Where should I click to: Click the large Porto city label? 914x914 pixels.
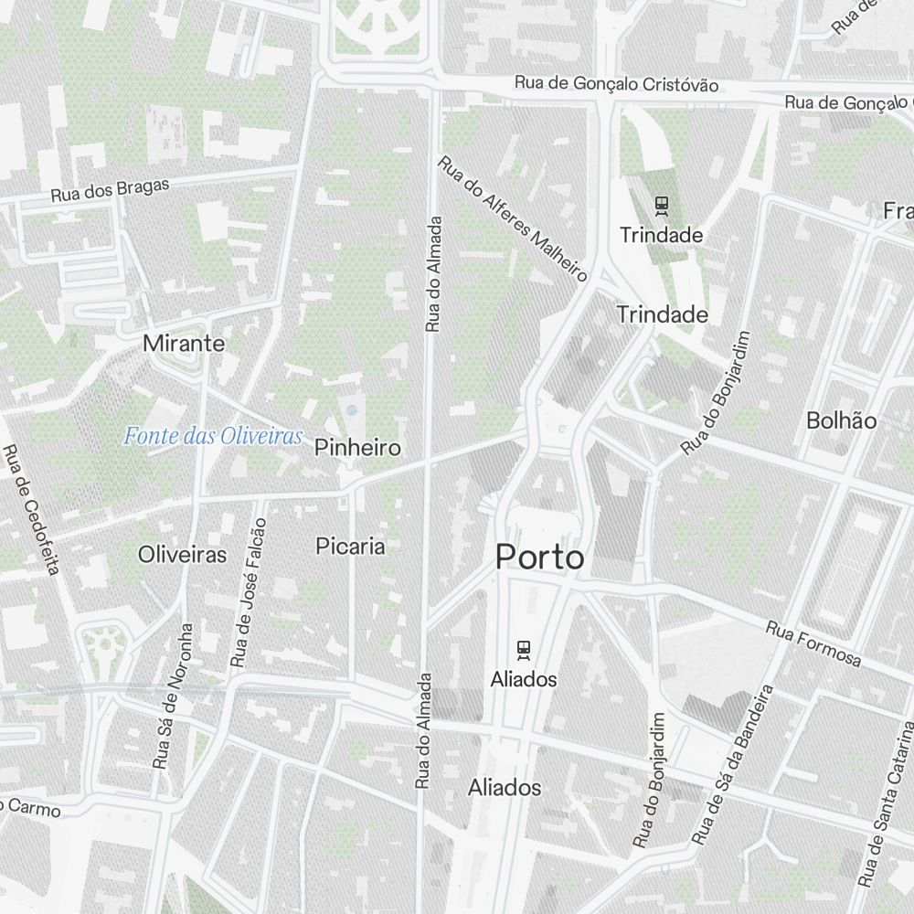pyautogui.click(x=539, y=556)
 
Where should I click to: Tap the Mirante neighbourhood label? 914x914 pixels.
pyautogui.click(x=184, y=344)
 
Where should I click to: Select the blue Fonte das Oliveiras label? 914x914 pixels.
pyautogui.click(x=213, y=437)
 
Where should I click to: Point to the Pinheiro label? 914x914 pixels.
pyautogui.click(x=357, y=448)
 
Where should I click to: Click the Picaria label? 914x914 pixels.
pyautogui.click(x=350, y=547)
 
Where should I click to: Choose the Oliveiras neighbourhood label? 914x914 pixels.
pyautogui.click(x=182, y=554)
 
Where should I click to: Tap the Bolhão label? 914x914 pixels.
pyautogui.click(x=841, y=420)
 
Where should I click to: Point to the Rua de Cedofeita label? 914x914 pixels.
pyautogui.click(x=30, y=510)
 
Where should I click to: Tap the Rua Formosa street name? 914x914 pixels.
pyautogui.click(x=813, y=643)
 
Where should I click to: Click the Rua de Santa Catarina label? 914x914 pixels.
pyautogui.click(x=887, y=804)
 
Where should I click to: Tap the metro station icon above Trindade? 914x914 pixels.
pyautogui.click(x=661, y=207)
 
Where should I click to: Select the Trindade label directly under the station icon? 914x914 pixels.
pyautogui.click(x=661, y=236)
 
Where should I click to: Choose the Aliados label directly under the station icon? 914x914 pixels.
pyautogui.click(x=523, y=680)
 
